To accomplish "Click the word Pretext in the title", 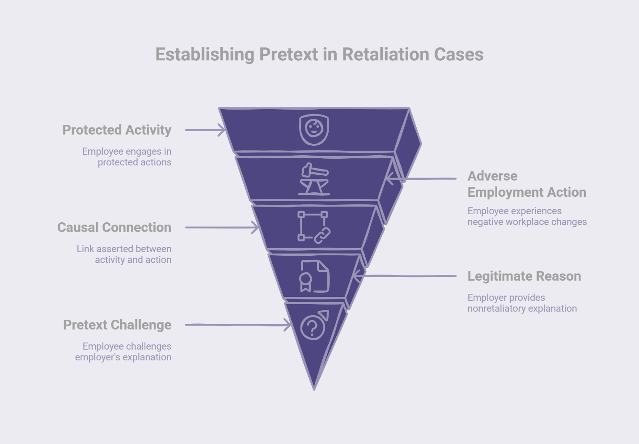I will [x=288, y=55].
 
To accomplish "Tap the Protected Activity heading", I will [x=117, y=130].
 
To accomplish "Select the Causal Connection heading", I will [x=114, y=228].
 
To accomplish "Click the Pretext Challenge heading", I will [x=117, y=325].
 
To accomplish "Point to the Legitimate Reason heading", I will [x=524, y=276].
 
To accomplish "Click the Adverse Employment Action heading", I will [x=526, y=184].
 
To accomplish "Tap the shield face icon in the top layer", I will [x=314, y=130].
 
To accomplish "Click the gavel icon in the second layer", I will [x=314, y=179].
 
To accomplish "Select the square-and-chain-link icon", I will [x=314, y=227].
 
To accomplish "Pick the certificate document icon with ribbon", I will [x=314, y=276].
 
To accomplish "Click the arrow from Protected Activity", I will [x=205, y=130].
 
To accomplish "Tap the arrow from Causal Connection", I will [x=221, y=228].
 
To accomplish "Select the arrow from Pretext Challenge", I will [x=237, y=325].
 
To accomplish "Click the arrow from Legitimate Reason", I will [x=404, y=276].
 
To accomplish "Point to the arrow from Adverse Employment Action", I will [x=420, y=179].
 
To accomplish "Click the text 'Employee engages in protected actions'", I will [x=127, y=157].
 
